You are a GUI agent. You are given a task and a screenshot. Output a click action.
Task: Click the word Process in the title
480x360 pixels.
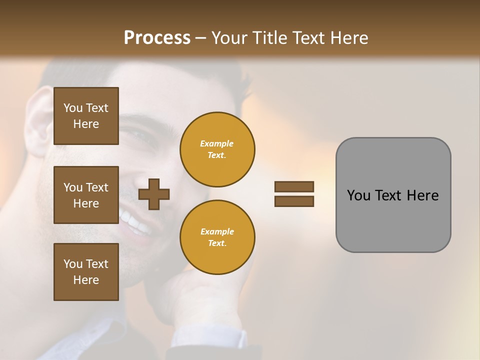[157, 37]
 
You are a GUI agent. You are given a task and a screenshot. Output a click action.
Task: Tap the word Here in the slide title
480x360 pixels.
[348, 37]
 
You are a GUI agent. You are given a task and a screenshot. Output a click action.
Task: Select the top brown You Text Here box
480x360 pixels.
[86, 116]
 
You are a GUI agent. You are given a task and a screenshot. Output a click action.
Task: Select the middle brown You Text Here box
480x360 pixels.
[86, 195]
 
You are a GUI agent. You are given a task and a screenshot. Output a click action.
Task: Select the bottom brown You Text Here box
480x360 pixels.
[86, 271]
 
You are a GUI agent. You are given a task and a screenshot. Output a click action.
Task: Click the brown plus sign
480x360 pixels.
[153, 194]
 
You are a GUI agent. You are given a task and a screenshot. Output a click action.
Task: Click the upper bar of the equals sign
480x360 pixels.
[294, 186]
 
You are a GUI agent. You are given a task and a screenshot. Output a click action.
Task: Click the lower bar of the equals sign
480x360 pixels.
[294, 201]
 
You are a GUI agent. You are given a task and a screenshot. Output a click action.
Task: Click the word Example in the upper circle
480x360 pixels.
[217, 143]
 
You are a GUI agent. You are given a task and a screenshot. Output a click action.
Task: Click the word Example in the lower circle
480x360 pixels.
[217, 231]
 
